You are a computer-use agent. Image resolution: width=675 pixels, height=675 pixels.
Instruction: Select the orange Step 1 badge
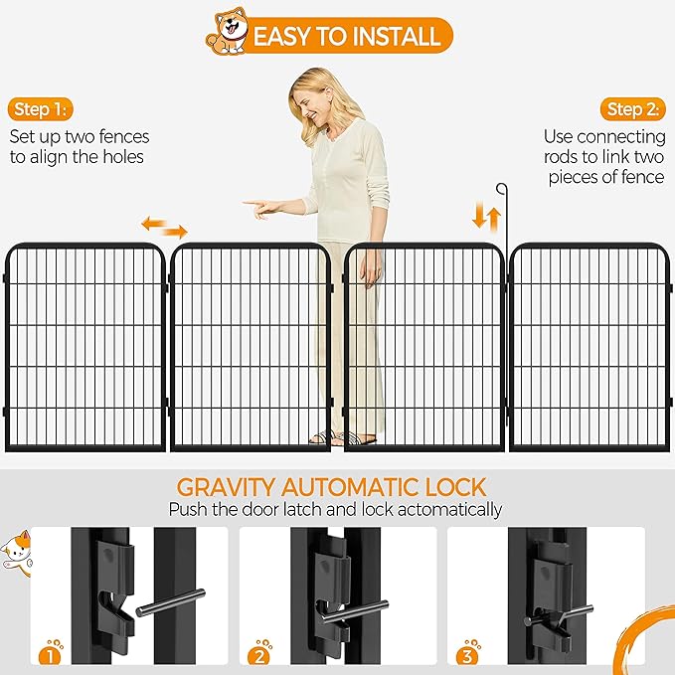click(42, 108)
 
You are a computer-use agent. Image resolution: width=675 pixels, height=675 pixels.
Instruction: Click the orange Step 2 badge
click(634, 108)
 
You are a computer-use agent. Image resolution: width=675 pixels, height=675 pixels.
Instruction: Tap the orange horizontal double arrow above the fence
click(164, 228)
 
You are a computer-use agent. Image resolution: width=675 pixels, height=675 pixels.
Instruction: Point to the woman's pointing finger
click(250, 206)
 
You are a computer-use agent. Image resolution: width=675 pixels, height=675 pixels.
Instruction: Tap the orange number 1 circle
click(51, 653)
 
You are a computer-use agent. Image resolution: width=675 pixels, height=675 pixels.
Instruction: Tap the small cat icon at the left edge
click(15, 550)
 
